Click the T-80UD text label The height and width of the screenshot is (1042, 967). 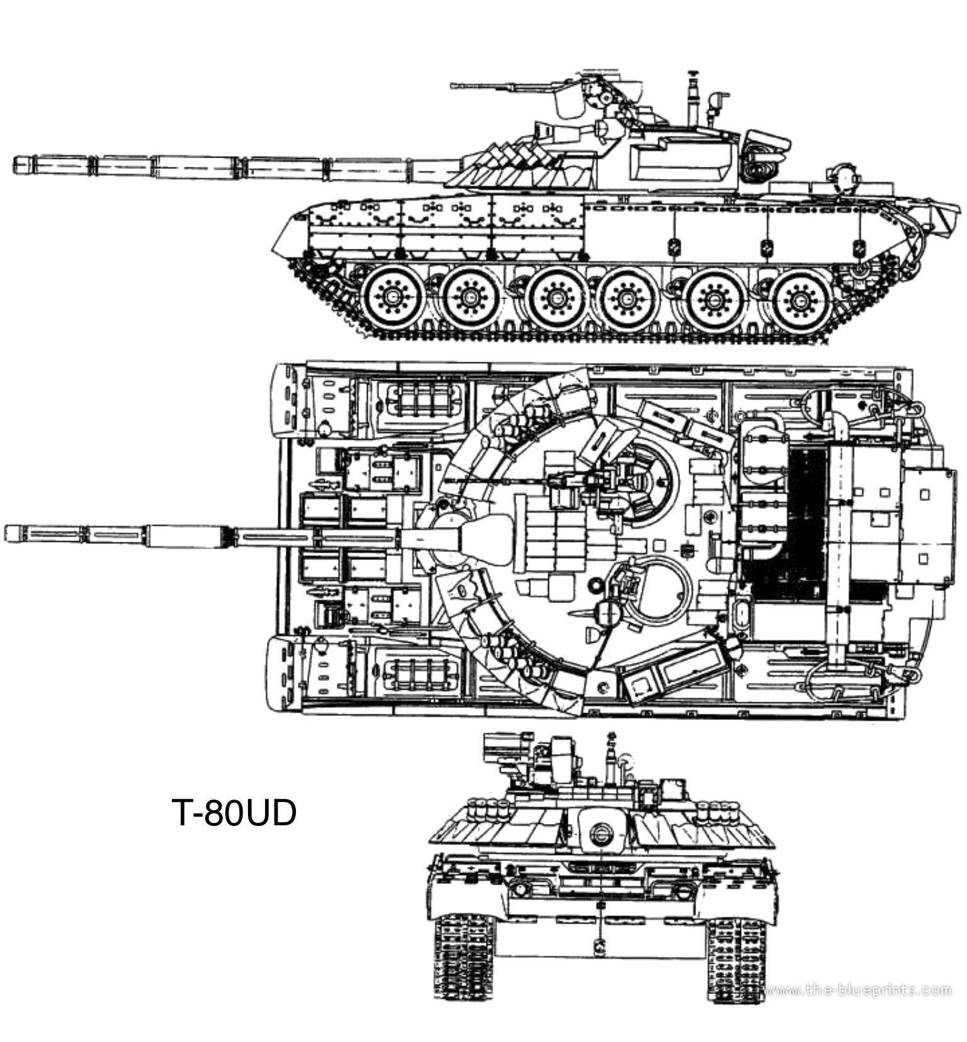click(x=234, y=813)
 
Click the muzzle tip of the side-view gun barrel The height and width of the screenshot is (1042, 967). click(x=14, y=164)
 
